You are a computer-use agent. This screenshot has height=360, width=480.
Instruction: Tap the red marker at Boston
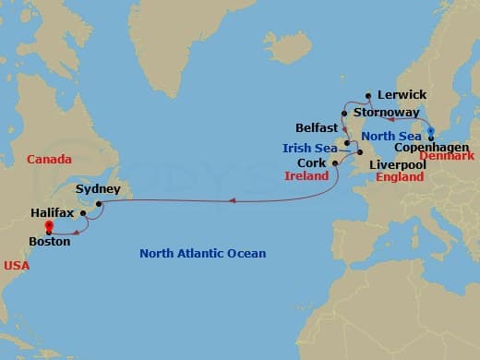[49, 223]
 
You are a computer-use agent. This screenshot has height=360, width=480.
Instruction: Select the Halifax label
[51, 211]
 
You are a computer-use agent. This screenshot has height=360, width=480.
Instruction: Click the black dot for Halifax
[83, 213]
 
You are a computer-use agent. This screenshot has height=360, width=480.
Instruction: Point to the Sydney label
[98, 188]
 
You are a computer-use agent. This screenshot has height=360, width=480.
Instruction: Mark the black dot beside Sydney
[98, 202]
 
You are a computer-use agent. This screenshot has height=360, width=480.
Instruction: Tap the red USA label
[16, 266]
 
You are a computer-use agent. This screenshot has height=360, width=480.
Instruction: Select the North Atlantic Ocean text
[202, 253]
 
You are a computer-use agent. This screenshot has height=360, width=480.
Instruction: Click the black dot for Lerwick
[369, 94]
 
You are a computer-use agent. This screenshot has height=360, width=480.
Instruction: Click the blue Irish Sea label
[309, 148]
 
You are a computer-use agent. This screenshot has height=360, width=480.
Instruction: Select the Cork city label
[312, 162]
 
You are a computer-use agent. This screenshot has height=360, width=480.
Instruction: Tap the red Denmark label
[449, 156]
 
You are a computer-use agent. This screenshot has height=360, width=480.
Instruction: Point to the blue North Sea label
[390, 136]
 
